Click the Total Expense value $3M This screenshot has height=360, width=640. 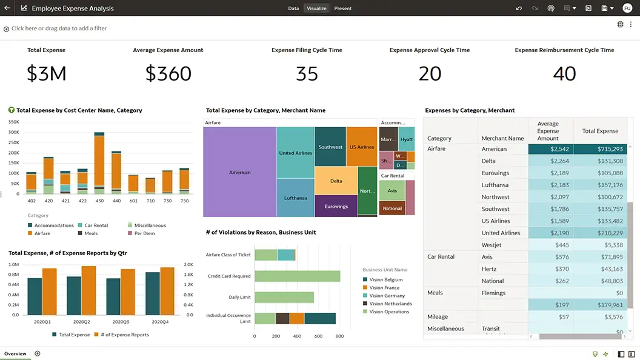pos(47,73)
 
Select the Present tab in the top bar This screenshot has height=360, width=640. pos(342,8)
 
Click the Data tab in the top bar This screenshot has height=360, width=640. pos(293,8)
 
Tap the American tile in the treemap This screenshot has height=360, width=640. pos(239,172)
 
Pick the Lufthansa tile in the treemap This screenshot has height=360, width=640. pos(295,198)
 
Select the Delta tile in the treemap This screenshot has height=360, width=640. pos(336,181)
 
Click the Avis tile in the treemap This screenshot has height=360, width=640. pos(392,190)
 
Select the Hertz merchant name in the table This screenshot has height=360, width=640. pos(488,269)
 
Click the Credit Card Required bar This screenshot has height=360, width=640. pos(297,276)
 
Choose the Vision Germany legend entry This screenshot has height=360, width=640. pos(387,296)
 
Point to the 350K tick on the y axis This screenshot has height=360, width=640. pos(13,122)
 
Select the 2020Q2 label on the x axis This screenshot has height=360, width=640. pos(81,322)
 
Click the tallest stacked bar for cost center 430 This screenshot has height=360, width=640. pos(99,164)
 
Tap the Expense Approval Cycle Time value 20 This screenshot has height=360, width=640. pos(430,73)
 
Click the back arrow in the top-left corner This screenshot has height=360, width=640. pos(7,8)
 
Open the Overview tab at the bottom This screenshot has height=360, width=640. pos(15,353)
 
